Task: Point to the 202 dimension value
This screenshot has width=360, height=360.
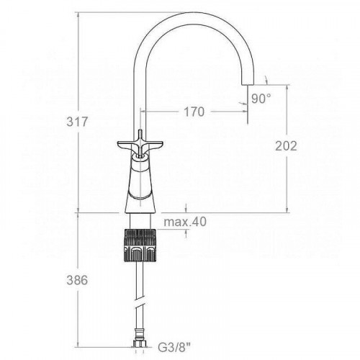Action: (287, 145)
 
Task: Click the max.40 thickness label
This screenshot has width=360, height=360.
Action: (185, 222)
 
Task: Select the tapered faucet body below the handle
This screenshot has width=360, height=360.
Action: (139, 184)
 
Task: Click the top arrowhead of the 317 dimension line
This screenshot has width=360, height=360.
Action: (78, 12)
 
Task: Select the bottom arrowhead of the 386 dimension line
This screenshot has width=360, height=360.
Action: (78, 351)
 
